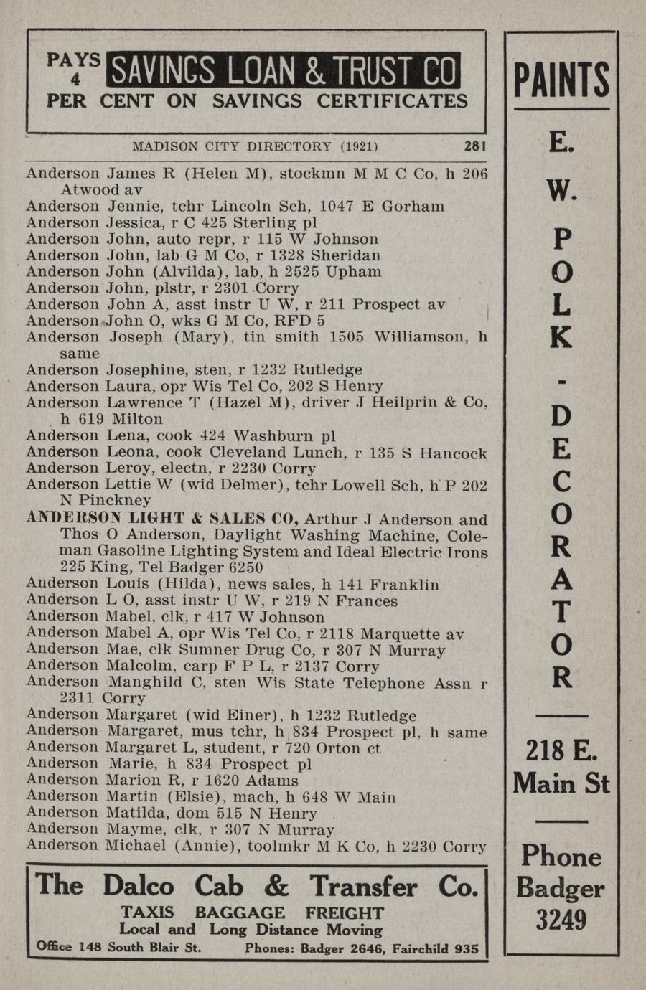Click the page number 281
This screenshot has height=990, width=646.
pos(474,146)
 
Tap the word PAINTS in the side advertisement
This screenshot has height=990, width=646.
pos(561,80)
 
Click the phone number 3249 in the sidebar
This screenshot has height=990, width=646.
pos(561,920)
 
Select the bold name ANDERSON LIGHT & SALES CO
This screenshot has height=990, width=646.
pos(162,519)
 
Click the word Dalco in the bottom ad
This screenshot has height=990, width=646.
pos(138,886)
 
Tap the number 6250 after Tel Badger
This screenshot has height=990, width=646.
pos(244,567)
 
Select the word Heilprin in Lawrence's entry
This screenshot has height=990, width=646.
pos(399,402)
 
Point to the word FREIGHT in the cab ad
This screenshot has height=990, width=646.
pos(345,913)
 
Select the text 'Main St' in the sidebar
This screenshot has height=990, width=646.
pos(561,782)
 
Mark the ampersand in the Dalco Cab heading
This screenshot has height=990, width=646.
pos(276,887)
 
